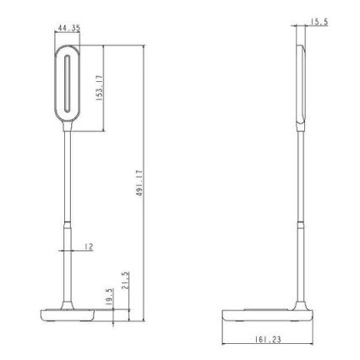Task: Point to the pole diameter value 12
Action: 88,248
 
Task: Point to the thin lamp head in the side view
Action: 301,85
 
